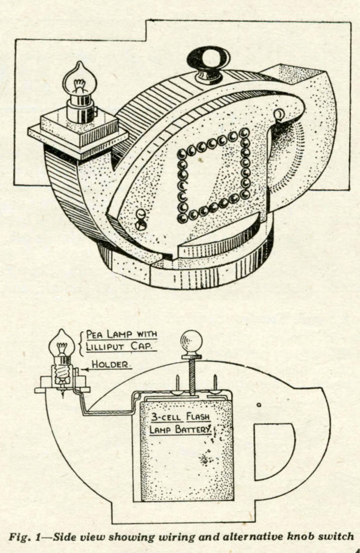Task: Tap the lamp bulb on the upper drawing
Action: coord(80,79)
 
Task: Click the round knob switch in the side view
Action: coord(191,342)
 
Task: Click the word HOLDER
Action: coord(110,364)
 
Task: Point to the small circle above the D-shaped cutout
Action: coord(259,405)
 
